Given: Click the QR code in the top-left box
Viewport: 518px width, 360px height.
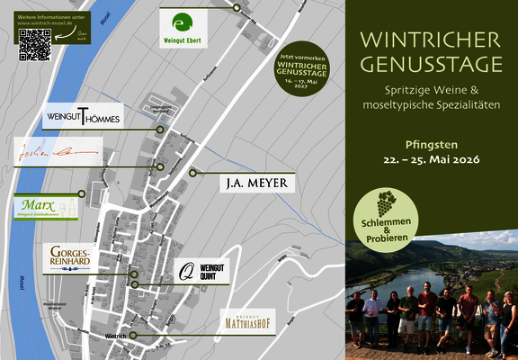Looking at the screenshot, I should click(35, 44).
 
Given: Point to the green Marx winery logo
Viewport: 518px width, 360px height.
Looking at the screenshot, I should click(47, 206).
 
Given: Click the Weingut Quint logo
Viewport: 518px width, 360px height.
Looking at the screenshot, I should click(201, 269).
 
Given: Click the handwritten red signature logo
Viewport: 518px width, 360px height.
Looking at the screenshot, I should click(56, 153).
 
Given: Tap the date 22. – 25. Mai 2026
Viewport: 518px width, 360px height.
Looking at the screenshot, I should click(429, 159).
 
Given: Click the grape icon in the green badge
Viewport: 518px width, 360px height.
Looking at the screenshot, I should click(386, 199).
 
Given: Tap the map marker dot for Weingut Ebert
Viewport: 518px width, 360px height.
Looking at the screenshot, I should click(236, 7).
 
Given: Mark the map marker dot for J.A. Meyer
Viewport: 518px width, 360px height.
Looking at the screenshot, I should click(192, 173).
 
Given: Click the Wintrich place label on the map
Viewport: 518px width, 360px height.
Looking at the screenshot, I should click(116, 335).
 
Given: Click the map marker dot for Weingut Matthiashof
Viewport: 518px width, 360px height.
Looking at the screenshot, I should click(132, 335).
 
